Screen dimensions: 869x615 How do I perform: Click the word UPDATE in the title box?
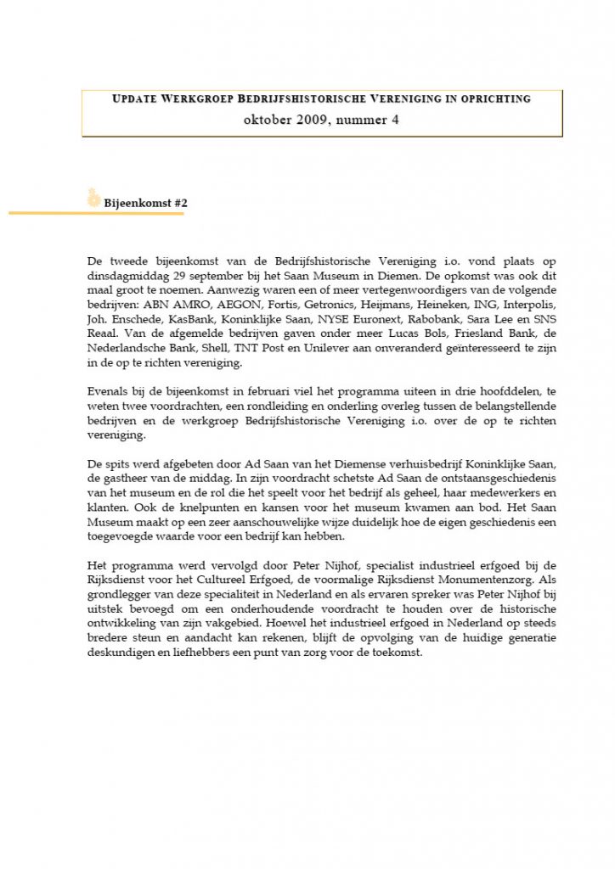[x=134, y=99]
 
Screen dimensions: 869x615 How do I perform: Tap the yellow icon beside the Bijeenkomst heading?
[x=93, y=199]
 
